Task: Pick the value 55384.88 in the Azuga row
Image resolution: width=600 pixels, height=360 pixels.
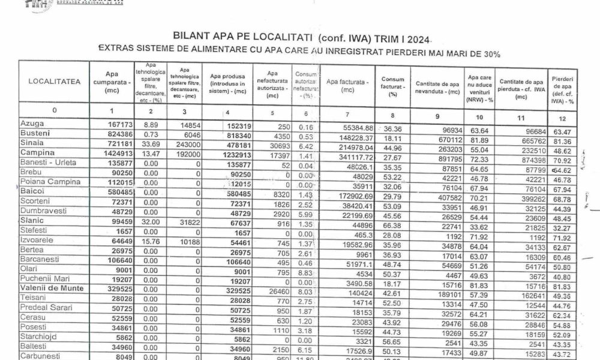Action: point(357,123)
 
